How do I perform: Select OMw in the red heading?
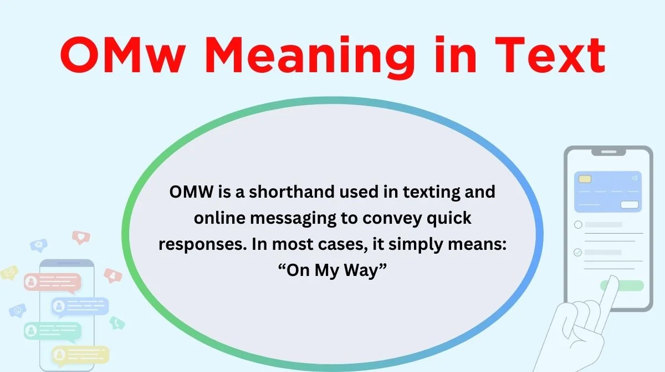pyautogui.click(x=122, y=55)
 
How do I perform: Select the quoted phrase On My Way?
pyautogui.click(x=332, y=271)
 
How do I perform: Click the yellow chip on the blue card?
pyautogui.click(x=585, y=179)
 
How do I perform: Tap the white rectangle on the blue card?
pyautogui.click(x=630, y=204)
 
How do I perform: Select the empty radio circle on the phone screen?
pyautogui.click(x=578, y=224)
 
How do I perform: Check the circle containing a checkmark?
pyautogui.click(x=577, y=253)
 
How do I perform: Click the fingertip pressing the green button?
pyautogui.click(x=612, y=281)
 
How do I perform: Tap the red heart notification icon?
pyautogui.click(x=81, y=237)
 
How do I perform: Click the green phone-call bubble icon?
pyautogui.click(x=117, y=323)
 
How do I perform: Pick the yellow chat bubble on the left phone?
pyautogui.click(x=80, y=355)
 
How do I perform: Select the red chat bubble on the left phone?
pyautogui.click(x=53, y=283)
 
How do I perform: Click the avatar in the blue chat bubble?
pyautogui.click(x=59, y=306)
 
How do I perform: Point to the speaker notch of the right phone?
pyautogui.click(x=608, y=152)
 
